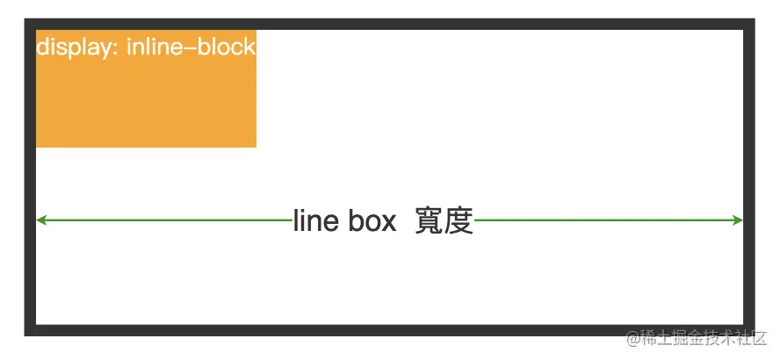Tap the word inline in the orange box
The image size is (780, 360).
[155, 47]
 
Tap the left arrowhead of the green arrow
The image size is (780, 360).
[41, 220]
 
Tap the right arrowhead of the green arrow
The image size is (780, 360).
[738, 220]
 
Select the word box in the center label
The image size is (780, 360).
[372, 221]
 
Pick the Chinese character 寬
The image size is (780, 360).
[430, 221]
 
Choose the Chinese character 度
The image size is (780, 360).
[459, 221]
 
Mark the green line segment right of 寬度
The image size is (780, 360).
[606, 220]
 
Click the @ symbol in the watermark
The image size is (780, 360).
[632, 339]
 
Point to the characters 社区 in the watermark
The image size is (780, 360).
[755, 339]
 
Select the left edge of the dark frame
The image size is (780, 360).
[30, 176]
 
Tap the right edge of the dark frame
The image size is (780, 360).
[749, 176]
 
